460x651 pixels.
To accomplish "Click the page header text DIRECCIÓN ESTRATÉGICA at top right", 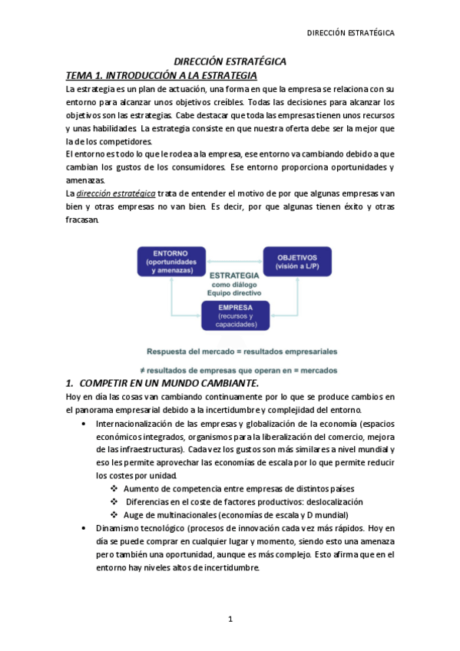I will coord(350,33).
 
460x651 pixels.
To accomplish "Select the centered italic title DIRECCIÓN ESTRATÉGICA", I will coord(230,61).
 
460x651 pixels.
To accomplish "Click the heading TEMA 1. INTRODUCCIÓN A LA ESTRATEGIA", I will coord(162,75).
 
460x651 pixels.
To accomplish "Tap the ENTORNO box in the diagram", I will coord(171,262).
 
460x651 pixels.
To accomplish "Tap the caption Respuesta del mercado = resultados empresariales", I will coord(242,352).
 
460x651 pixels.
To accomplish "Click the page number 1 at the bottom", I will coord(230,619).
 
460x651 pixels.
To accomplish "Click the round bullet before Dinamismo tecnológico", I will coord(83,528).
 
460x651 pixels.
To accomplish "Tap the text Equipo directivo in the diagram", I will coord(234,292).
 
